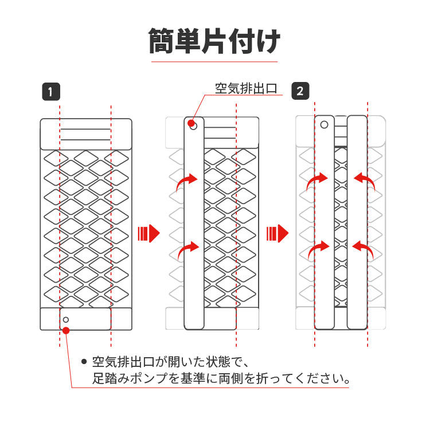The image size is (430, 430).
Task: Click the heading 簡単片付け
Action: point(214,41)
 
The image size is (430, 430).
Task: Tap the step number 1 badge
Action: point(51,91)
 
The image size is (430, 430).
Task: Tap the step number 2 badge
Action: point(300,91)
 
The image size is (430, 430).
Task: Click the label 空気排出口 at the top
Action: point(246,89)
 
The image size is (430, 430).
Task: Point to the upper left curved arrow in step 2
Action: point(317,182)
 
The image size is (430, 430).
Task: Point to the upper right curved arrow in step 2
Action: point(363,181)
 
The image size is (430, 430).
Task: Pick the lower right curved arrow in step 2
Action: point(362,248)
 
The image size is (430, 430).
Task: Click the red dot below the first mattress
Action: point(67,330)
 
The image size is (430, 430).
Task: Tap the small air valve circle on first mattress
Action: point(66,319)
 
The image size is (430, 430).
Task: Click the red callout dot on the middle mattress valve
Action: point(190,123)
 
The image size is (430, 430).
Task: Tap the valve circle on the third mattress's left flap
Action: point(325,124)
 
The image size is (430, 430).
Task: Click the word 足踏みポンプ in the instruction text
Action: point(127,379)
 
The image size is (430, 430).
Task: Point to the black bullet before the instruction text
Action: point(84,362)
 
